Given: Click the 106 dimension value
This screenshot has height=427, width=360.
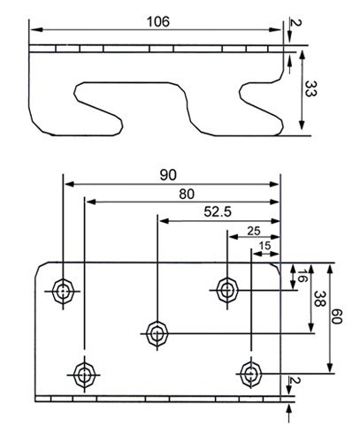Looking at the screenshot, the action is tap(158, 22).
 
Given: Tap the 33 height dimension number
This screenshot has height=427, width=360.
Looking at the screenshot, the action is tap(310, 88).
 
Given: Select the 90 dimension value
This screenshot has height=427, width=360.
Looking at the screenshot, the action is tap(168, 175).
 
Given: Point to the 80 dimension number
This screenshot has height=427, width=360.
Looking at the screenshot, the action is tap(187, 194).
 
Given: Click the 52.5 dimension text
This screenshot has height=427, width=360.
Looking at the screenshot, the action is tap(218, 212).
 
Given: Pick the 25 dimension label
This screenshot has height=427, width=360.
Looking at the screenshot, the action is tap(254, 231).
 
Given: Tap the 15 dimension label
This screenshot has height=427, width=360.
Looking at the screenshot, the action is tap(264, 246).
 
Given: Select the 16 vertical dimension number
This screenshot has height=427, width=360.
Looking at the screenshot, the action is tap(301, 275).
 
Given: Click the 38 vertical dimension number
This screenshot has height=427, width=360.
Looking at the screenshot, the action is tap(318, 299).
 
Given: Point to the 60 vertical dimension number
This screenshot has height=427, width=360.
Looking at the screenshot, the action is tap(336, 316).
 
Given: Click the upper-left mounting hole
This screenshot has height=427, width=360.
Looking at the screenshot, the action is tap(63, 291).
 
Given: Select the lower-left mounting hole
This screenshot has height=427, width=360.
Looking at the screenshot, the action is tap(85, 375).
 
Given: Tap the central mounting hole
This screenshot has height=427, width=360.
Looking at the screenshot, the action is tap(157, 333).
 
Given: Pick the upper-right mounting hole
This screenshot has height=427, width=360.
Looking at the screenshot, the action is tap(227, 290).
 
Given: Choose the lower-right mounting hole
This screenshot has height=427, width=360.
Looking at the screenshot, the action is tap(251, 374).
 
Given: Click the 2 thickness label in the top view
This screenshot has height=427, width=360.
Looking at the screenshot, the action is tap(295, 22).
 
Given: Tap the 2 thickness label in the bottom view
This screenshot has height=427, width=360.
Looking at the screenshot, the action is tap(295, 380).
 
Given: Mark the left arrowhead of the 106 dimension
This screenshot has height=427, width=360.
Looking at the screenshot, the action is tap(36, 29).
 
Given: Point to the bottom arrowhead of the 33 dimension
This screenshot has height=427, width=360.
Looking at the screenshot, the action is tap(302, 125).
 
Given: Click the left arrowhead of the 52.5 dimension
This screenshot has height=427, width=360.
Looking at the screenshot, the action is tap(165, 221).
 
